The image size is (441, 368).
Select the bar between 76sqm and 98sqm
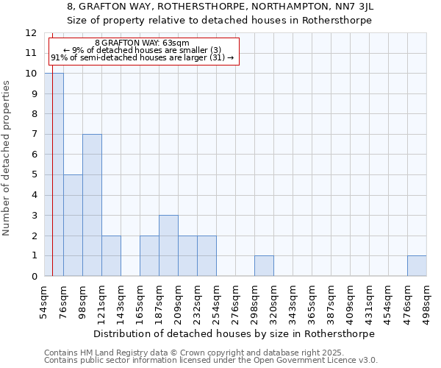coord(73,225)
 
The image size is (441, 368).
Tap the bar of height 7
coord(92,205)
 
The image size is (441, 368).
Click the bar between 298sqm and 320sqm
coord(264,266)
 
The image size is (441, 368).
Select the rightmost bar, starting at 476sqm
coord(417,266)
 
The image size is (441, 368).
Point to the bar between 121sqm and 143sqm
coord(111,256)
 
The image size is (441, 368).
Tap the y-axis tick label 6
coord(34,155)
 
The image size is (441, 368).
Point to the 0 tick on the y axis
coord(34,276)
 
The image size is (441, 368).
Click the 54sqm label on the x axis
coord(44,299)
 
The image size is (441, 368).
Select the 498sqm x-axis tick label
coord(426,300)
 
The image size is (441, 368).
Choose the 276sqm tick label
coord(235,300)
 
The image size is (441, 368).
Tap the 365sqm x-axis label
coord(312,300)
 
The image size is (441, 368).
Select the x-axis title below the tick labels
coord(235,333)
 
